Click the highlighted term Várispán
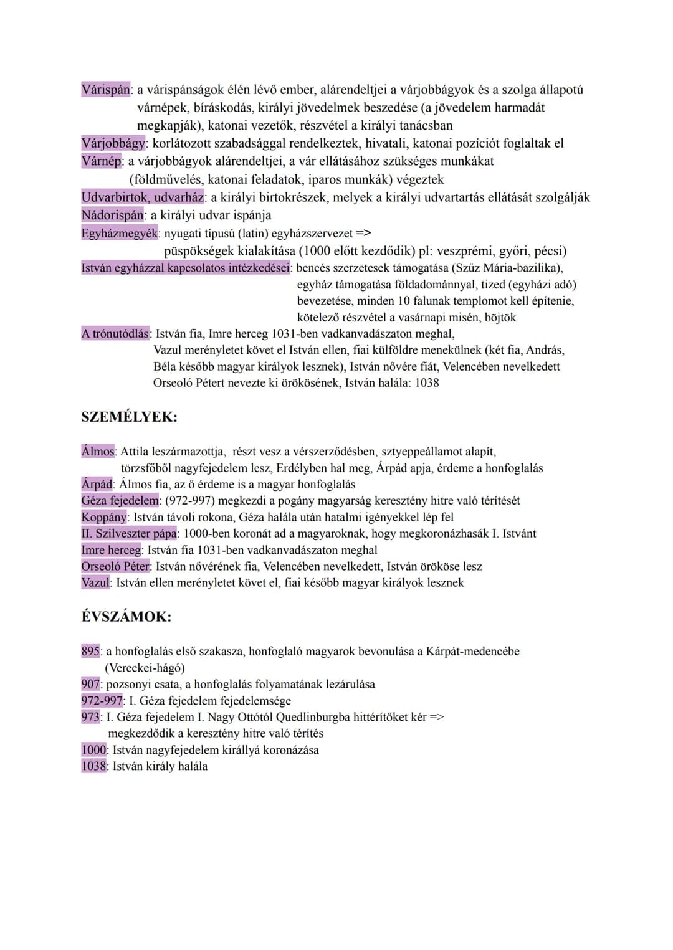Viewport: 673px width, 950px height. [105, 90]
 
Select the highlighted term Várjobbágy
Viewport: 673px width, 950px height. [113, 143]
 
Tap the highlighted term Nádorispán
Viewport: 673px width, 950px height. [112, 215]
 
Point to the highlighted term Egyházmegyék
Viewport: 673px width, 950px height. [120, 234]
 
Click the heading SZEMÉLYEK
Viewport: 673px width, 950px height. [129, 417]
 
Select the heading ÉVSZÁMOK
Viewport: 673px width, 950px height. [126, 617]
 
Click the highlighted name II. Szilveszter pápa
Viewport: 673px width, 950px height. [129, 533]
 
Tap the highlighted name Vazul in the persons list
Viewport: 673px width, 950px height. [95, 582]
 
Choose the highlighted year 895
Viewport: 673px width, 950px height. [90, 651]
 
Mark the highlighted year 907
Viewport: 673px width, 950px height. [90, 684]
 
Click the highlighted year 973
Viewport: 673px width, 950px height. [90, 717]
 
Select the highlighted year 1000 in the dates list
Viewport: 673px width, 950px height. [93, 749]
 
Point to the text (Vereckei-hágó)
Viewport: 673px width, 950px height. [145, 668]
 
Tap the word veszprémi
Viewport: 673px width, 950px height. [465, 251]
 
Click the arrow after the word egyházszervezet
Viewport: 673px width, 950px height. [363, 234]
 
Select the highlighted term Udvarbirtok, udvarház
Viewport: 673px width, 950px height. [143, 197]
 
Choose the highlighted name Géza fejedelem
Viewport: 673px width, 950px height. [120, 500]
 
